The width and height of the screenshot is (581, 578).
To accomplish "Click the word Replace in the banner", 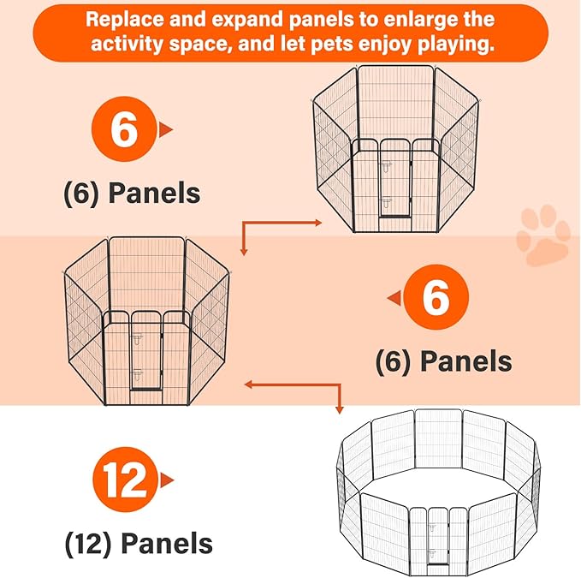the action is click(x=124, y=20).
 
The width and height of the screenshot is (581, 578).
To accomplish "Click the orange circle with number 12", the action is click(x=125, y=479).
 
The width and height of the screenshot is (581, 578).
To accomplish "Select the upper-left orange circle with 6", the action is click(x=124, y=129).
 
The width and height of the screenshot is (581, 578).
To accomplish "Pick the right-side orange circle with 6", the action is click(x=436, y=296).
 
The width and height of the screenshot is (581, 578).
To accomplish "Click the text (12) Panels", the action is click(x=139, y=544).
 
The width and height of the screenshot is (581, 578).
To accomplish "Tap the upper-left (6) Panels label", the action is click(x=133, y=194).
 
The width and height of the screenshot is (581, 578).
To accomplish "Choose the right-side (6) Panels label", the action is click(x=443, y=361).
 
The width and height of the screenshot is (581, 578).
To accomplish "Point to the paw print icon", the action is click(x=543, y=235).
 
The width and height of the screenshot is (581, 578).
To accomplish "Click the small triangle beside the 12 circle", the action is click(x=167, y=480).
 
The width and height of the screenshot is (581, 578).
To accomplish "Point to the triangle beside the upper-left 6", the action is click(x=166, y=130).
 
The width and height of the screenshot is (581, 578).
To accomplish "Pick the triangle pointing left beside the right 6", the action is click(x=394, y=298).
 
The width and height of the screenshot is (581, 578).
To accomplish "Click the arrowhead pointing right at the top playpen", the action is click(x=318, y=223).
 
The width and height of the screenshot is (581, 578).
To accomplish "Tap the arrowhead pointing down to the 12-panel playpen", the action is click(x=339, y=410).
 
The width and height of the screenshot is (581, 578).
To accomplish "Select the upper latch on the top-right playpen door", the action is click(x=386, y=167).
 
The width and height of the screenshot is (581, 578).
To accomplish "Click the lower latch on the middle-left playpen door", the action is click(x=138, y=375).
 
